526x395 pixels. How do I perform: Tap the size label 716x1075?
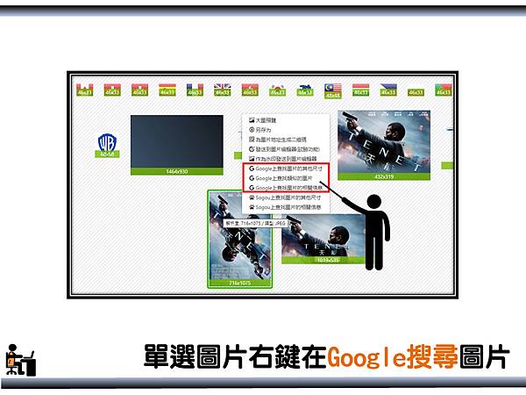[x=239, y=284]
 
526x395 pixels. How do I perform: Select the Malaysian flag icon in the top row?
[x=332, y=88]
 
